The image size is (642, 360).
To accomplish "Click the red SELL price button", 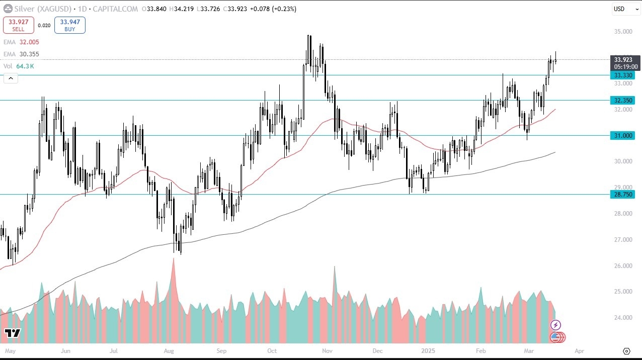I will (x=19, y=25).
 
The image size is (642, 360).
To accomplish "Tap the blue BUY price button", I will (x=70, y=25).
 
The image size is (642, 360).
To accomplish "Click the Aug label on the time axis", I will (x=169, y=350).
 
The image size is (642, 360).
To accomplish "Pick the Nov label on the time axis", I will (x=327, y=350).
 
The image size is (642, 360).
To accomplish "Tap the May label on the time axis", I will (x=9, y=350).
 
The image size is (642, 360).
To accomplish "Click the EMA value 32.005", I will (x=29, y=42).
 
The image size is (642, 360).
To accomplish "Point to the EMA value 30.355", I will (x=29, y=54).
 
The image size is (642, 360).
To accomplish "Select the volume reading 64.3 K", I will (x=25, y=66).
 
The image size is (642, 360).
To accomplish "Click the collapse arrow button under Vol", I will (x=11, y=78).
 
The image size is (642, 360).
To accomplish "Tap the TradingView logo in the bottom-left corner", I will (x=12, y=333).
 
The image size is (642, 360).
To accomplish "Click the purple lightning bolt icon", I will (x=556, y=325).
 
